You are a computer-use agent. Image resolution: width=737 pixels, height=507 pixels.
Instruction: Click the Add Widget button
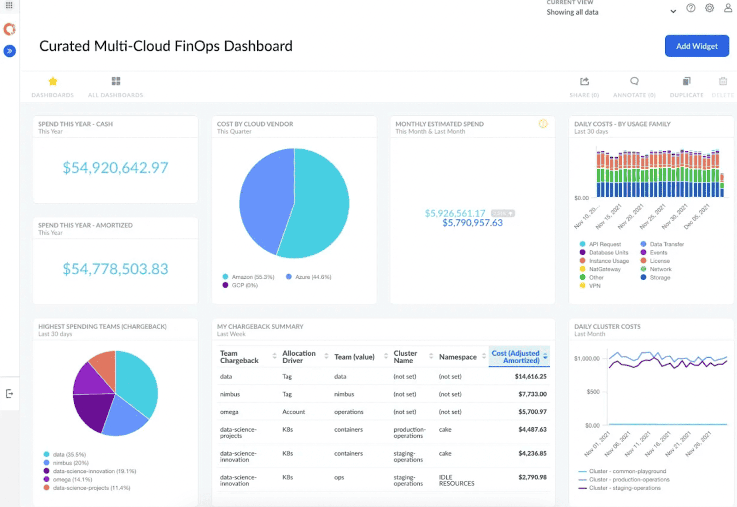tap(696, 46)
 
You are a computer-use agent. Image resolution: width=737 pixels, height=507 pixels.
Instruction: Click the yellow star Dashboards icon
tap(53, 82)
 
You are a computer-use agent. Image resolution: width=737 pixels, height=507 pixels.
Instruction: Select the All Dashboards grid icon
tap(116, 82)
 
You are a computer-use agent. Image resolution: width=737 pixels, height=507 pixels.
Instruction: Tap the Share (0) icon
tap(585, 82)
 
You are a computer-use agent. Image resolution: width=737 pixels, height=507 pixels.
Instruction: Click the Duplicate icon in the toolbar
tap(686, 82)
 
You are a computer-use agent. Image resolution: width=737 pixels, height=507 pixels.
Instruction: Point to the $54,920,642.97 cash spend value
tap(115, 168)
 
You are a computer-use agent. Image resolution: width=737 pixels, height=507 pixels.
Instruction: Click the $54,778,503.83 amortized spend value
tap(115, 269)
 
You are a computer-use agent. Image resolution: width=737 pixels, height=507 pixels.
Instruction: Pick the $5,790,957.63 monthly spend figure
tap(473, 223)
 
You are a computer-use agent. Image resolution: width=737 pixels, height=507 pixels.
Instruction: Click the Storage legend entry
tap(660, 277)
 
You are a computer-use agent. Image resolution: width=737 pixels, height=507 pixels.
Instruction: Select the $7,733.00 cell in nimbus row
tap(532, 394)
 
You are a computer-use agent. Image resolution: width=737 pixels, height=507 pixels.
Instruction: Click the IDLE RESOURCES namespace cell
tap(456, 480)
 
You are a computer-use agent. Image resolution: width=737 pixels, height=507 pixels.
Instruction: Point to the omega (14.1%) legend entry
tap(72, 479)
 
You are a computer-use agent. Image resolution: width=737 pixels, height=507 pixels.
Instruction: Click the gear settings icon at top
tap(709, 8)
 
